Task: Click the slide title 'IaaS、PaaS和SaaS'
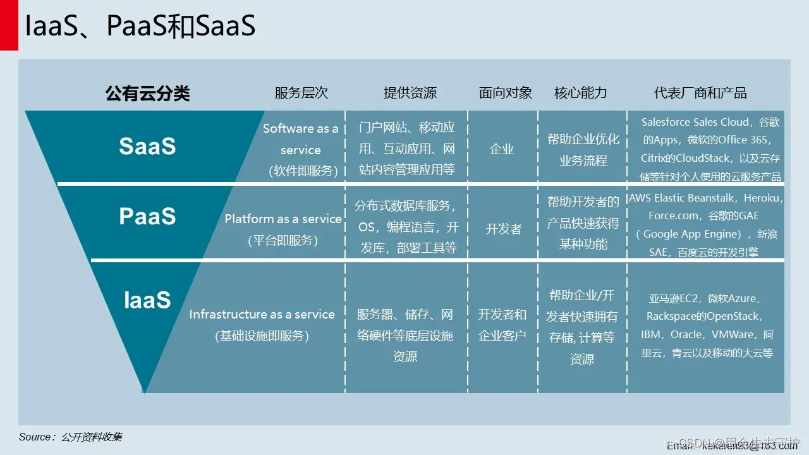coord(140,26)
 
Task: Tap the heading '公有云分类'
coord(147,94)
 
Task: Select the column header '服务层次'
coord(301,93)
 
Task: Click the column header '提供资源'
coord(410,93)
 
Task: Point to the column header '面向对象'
coord(506,93)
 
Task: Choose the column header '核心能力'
coord(580,93)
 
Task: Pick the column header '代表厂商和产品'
coord(700,93)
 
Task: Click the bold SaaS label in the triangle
coord(147,146)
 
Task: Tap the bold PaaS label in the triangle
coord(147,216)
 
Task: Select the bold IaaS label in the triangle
coord(147,300)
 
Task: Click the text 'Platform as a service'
coord(283,219)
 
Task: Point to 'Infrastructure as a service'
coord(262,314)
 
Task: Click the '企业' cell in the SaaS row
coord(502,150)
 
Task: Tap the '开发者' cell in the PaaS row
coord(504,229)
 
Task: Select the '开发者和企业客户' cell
coord(502,325)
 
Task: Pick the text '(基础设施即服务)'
coord(262,336)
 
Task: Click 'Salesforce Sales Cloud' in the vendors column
coord(695,122)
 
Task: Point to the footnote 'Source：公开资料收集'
coord(71,437)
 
